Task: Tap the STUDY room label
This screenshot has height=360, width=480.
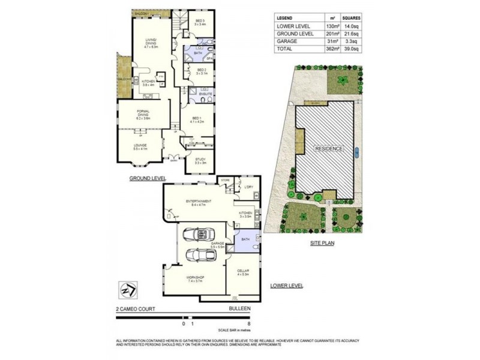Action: point(200,159)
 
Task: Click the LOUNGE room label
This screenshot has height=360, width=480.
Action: point(140,145)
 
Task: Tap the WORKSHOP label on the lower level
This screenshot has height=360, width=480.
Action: point(196,277)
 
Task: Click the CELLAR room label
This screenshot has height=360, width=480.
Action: point(242,272)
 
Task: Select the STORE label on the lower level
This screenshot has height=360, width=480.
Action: point(226,179)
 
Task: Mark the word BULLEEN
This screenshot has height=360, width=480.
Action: point(239,308)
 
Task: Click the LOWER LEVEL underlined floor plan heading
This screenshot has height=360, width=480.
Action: point(286,286)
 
